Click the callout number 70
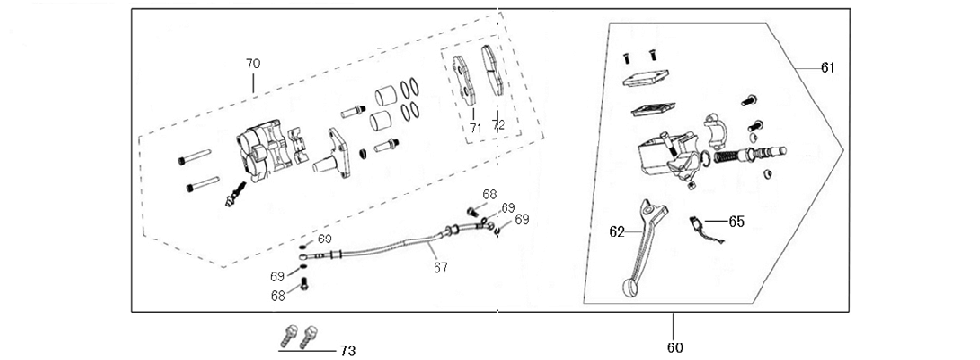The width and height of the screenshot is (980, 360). click(252, 63)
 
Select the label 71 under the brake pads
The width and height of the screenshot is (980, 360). click(475, 127)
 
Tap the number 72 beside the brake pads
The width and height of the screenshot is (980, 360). click(498, 127)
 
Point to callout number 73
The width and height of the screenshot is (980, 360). click(348, 350)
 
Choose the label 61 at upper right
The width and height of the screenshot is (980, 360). click(828, 67)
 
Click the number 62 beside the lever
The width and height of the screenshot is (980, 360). click(617, 231)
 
